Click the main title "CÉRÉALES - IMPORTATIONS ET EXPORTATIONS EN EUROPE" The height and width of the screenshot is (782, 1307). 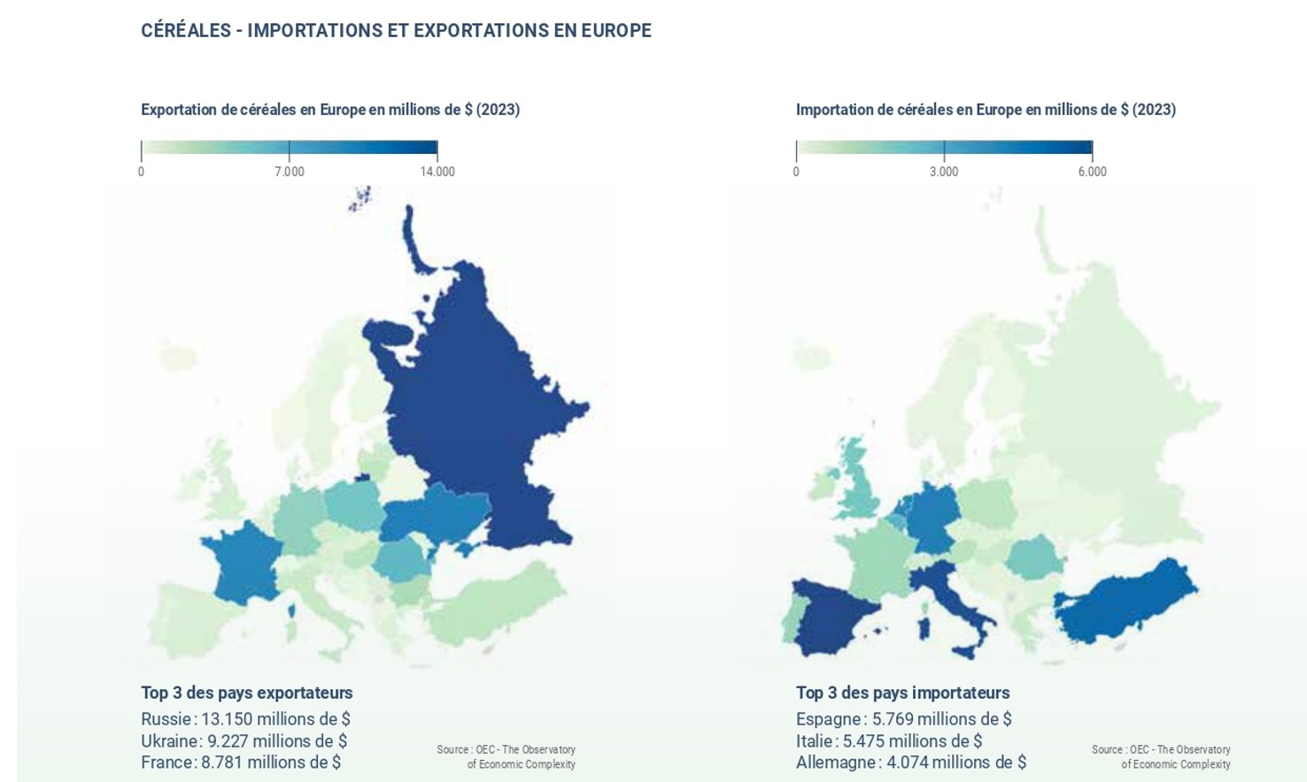[396, 31]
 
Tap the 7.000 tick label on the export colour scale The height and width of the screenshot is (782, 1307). [290, 172]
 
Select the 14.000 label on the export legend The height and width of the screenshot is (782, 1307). [437, 172]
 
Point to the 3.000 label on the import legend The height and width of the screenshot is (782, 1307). [944, 172]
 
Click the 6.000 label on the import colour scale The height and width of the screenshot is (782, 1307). [1092, 172]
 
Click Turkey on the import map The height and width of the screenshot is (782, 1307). [1125, 602]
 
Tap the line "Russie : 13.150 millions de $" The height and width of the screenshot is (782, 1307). [245, 719]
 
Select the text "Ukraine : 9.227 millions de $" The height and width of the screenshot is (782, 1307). [244, 741]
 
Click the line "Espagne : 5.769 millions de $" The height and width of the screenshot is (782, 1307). [903, 719]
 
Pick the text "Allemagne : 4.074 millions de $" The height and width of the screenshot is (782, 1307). [910, 763]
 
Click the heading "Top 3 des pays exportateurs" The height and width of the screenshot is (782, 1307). [246, 693]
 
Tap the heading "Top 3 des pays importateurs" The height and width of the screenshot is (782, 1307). [902, 693]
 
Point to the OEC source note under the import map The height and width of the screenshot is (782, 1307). [1161, 756]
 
